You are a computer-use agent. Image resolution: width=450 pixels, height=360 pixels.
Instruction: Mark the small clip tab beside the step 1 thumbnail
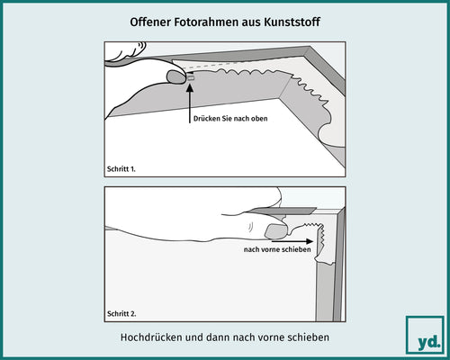click(x=191, y=78)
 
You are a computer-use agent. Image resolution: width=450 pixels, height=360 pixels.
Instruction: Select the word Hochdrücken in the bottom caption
click(x=151, y=337)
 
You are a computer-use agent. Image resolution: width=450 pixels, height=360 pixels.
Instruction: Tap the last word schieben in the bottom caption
click(x=308, y=337)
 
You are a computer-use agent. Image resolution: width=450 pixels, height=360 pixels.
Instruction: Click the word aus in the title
click(x=254, y=20)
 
